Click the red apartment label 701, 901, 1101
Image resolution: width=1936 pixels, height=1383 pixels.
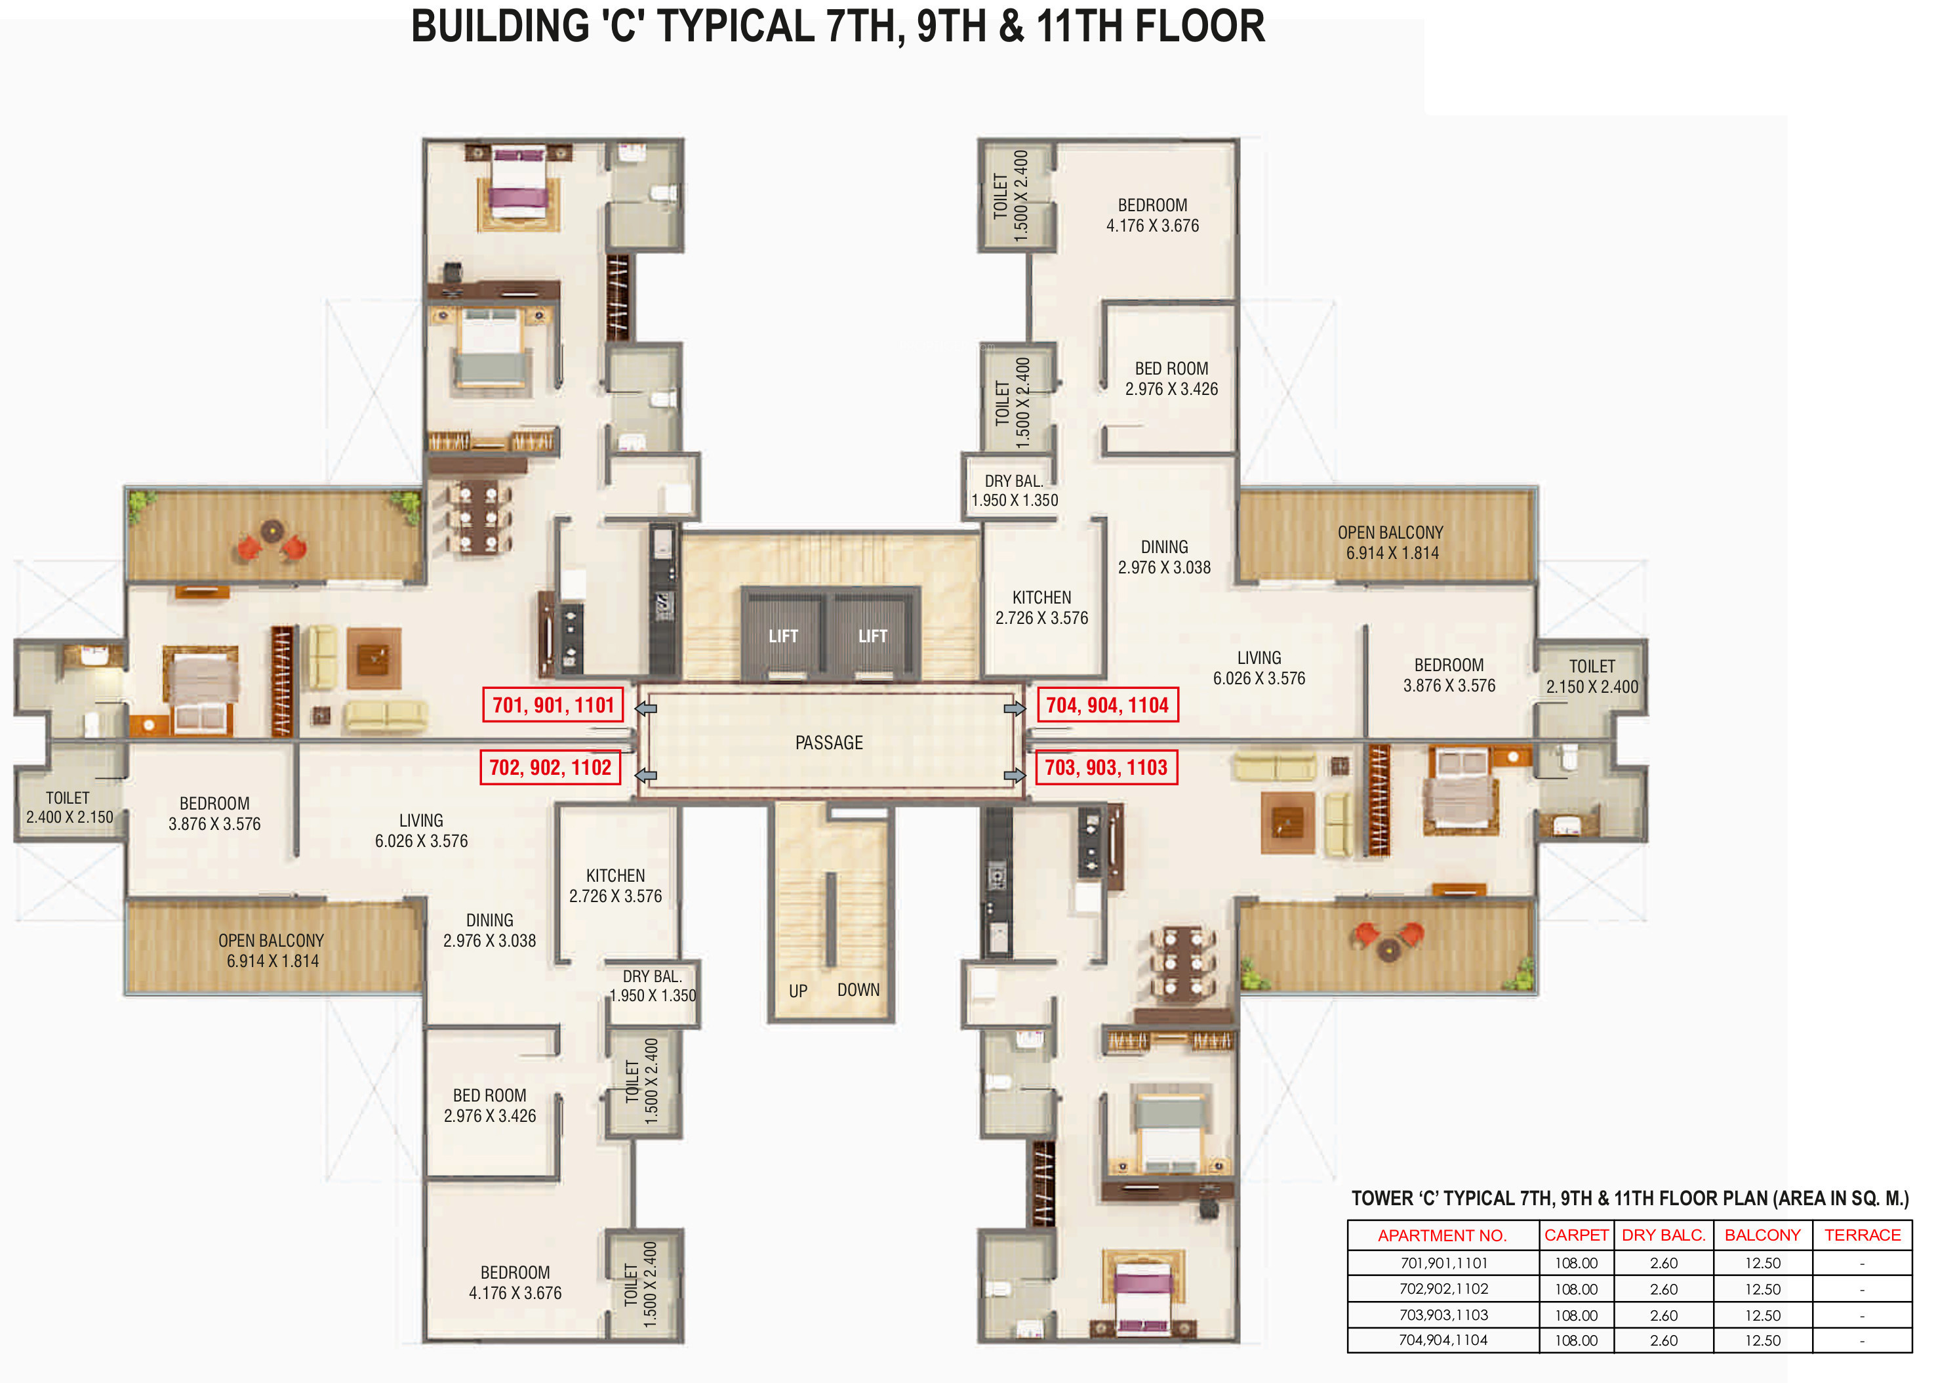click(554, 705)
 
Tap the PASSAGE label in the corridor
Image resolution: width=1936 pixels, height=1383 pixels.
click(828, 743)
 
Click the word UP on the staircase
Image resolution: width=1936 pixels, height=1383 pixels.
click(797, 991)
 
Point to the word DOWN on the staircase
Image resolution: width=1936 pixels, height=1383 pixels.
click(858, 989)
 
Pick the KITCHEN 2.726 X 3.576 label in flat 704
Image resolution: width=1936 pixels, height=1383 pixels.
click(1041, 608)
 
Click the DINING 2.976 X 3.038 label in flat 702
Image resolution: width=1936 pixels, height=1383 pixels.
click(489, 931)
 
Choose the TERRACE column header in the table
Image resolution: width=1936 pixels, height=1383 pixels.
click(1862, 1235)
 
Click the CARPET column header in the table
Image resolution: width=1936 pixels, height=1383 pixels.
click(1576, 1235)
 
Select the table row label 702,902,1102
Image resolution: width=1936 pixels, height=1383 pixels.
click(1444, 1289)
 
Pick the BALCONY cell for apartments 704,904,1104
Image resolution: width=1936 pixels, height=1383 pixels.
click(1762, 1340)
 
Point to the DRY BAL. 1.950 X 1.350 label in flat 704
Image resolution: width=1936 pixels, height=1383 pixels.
click(1014, 491)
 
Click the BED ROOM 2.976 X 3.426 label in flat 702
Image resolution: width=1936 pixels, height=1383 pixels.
click(489, 1105)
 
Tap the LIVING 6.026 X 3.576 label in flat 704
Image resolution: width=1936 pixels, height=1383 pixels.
click(1259, 668)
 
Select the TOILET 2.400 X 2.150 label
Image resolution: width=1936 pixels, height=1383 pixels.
click(69, 808)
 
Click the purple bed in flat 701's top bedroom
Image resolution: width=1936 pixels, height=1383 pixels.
click(519, 185)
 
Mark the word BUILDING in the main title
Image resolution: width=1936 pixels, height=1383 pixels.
click(500, 26)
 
